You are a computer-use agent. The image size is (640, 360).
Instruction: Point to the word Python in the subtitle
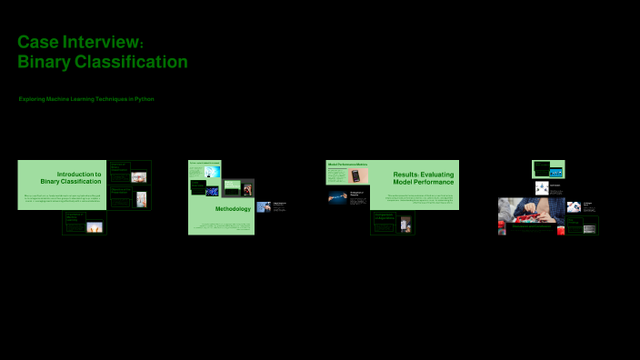coord(145,98)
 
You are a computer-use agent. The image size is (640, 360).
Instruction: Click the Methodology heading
coord(233,209)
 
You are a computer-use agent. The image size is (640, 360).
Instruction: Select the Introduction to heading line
coord(79,174)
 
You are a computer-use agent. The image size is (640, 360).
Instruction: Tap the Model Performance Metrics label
coord(347,165)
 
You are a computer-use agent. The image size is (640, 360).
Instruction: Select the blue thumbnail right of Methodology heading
coord(264,207)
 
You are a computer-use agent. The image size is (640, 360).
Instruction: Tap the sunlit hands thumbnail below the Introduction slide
coord(94,227)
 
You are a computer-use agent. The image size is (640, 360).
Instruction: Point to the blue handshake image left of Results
coord(337,195)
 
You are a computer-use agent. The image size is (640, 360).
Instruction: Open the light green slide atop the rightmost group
coord(548,169)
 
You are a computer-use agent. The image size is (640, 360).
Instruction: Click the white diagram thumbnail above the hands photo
coord(542,188)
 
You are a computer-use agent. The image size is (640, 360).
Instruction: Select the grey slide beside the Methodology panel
coord(238,188)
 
